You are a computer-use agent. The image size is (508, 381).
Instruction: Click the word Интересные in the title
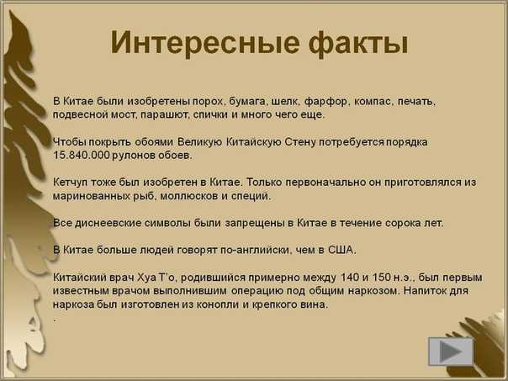(204, 43)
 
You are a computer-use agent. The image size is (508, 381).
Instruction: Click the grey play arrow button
(451, 352)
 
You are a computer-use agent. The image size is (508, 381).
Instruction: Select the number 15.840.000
(82, 156)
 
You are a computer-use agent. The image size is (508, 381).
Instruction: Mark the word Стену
(300, 142)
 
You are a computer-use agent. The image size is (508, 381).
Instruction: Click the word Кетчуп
(71, 183)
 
